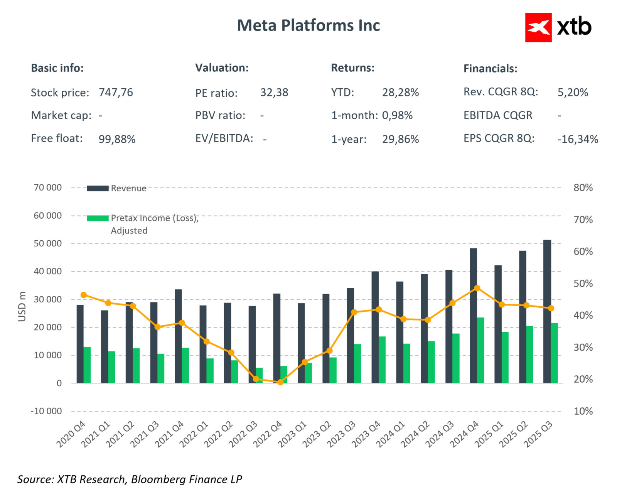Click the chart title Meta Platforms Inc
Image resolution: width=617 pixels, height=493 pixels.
click(x=308, y=25)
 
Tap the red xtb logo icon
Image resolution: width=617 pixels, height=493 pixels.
click(x=538, y=27)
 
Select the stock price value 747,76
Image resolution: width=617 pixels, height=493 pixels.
click(x=116, y=93)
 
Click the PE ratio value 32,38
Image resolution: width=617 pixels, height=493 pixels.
click(x=274, y=93)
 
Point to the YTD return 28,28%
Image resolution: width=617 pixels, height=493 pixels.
click(x=400, y=93)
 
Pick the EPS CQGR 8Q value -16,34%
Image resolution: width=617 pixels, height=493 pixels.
click(x=577, y=139)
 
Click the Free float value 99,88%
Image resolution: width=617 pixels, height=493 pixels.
click(x=117, y=139)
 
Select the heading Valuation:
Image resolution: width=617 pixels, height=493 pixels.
click(x=222, y=68)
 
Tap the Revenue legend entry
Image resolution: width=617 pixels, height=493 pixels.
click(x=128, y=188)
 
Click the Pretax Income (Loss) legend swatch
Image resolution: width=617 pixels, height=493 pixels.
click(x=98, y=218)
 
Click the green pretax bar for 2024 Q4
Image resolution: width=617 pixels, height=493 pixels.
click(x=480, y=350)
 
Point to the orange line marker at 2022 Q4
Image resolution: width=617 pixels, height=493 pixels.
click(x=280, y=382)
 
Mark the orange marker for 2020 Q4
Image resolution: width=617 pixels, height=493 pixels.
click(x=84, y=295)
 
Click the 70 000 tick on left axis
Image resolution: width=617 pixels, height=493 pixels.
click(x=47, y=187)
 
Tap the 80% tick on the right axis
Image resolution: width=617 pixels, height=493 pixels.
click(x=583, y=188)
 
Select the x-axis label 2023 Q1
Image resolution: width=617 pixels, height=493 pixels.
click(x=292, y=434)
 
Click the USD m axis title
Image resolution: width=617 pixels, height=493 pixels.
click(x=22, y=306)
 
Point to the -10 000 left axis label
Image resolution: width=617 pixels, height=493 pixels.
click(x=46, y=411)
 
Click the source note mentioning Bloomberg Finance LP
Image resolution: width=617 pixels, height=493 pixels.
click(x=130, y=479)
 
